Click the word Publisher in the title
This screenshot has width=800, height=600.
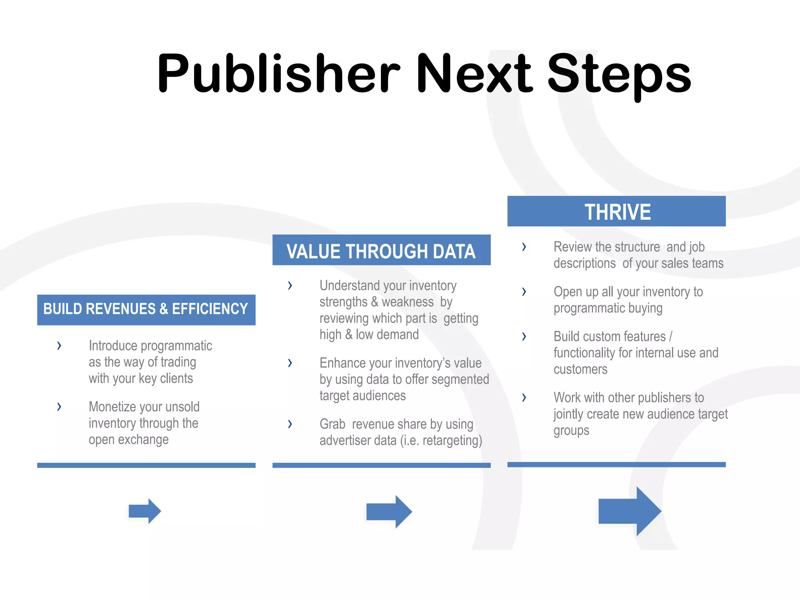tap(278, 74)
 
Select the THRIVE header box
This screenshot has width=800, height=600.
tap(616, 211)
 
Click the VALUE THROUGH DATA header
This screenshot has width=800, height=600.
tap(381, 250)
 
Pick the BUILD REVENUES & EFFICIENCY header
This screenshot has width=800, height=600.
tap(146, 309)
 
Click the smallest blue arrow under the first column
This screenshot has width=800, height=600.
tap(145, 511)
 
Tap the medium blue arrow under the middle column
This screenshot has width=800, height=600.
tap(389, 512)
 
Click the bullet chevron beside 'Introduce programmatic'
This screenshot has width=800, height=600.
tap(59, 346)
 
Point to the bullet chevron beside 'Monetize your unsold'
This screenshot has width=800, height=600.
tap(59, 407)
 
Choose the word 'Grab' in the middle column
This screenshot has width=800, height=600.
tap(332, 424)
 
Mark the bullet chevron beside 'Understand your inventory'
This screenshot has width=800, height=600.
tap(290, 286)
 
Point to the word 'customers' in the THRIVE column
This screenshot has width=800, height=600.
tap(580, 369)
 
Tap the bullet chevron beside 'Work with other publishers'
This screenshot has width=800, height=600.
tap(524, 398)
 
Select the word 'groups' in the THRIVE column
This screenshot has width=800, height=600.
tap(571, 431)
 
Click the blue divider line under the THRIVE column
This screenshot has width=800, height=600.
tap(616, 464)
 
